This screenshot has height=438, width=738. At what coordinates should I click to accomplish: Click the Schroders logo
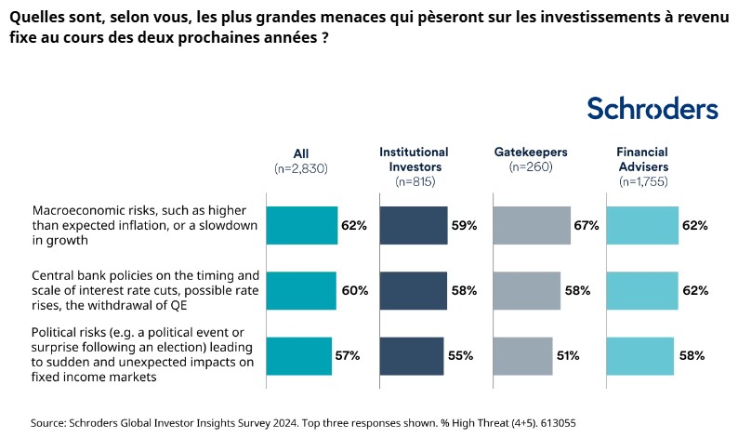(652, 109)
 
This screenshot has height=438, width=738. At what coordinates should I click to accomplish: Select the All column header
(300, 153)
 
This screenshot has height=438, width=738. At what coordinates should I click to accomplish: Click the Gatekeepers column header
(530, 152)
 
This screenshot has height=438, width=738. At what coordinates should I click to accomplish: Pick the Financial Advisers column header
(642, 158)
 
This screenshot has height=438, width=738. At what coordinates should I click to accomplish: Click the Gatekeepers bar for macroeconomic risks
(531, 225)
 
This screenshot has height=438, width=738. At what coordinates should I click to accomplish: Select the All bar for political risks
(299, 355)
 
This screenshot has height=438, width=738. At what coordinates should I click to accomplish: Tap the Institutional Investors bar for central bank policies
(413, 290)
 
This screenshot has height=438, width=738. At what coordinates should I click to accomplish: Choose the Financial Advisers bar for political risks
(639, 355)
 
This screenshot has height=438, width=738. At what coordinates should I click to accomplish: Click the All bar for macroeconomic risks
(302, 225)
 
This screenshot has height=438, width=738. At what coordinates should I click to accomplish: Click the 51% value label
(568, 355)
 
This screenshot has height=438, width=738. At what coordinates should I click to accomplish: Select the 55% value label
(460, 355)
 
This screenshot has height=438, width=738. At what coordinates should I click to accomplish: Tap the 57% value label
(347, 355)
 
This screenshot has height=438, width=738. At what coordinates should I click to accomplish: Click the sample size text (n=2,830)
(300, 168)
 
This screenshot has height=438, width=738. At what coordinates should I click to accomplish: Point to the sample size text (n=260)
(530, 167)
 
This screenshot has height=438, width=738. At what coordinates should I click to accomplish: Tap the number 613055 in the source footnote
(555, 422)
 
